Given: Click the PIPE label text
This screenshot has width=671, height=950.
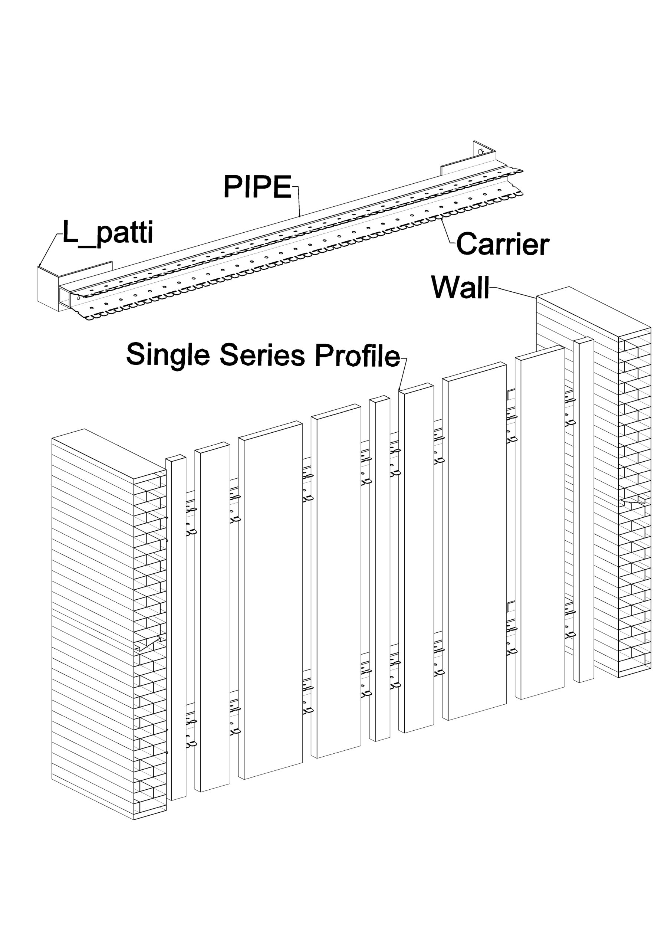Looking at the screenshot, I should (x=257, y=187).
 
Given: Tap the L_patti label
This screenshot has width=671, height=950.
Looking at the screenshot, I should (x=108, y=233).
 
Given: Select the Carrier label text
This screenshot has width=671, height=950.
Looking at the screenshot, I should (x=502, y=244).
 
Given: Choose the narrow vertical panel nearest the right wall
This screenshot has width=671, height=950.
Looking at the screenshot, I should (x=584, y=509).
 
